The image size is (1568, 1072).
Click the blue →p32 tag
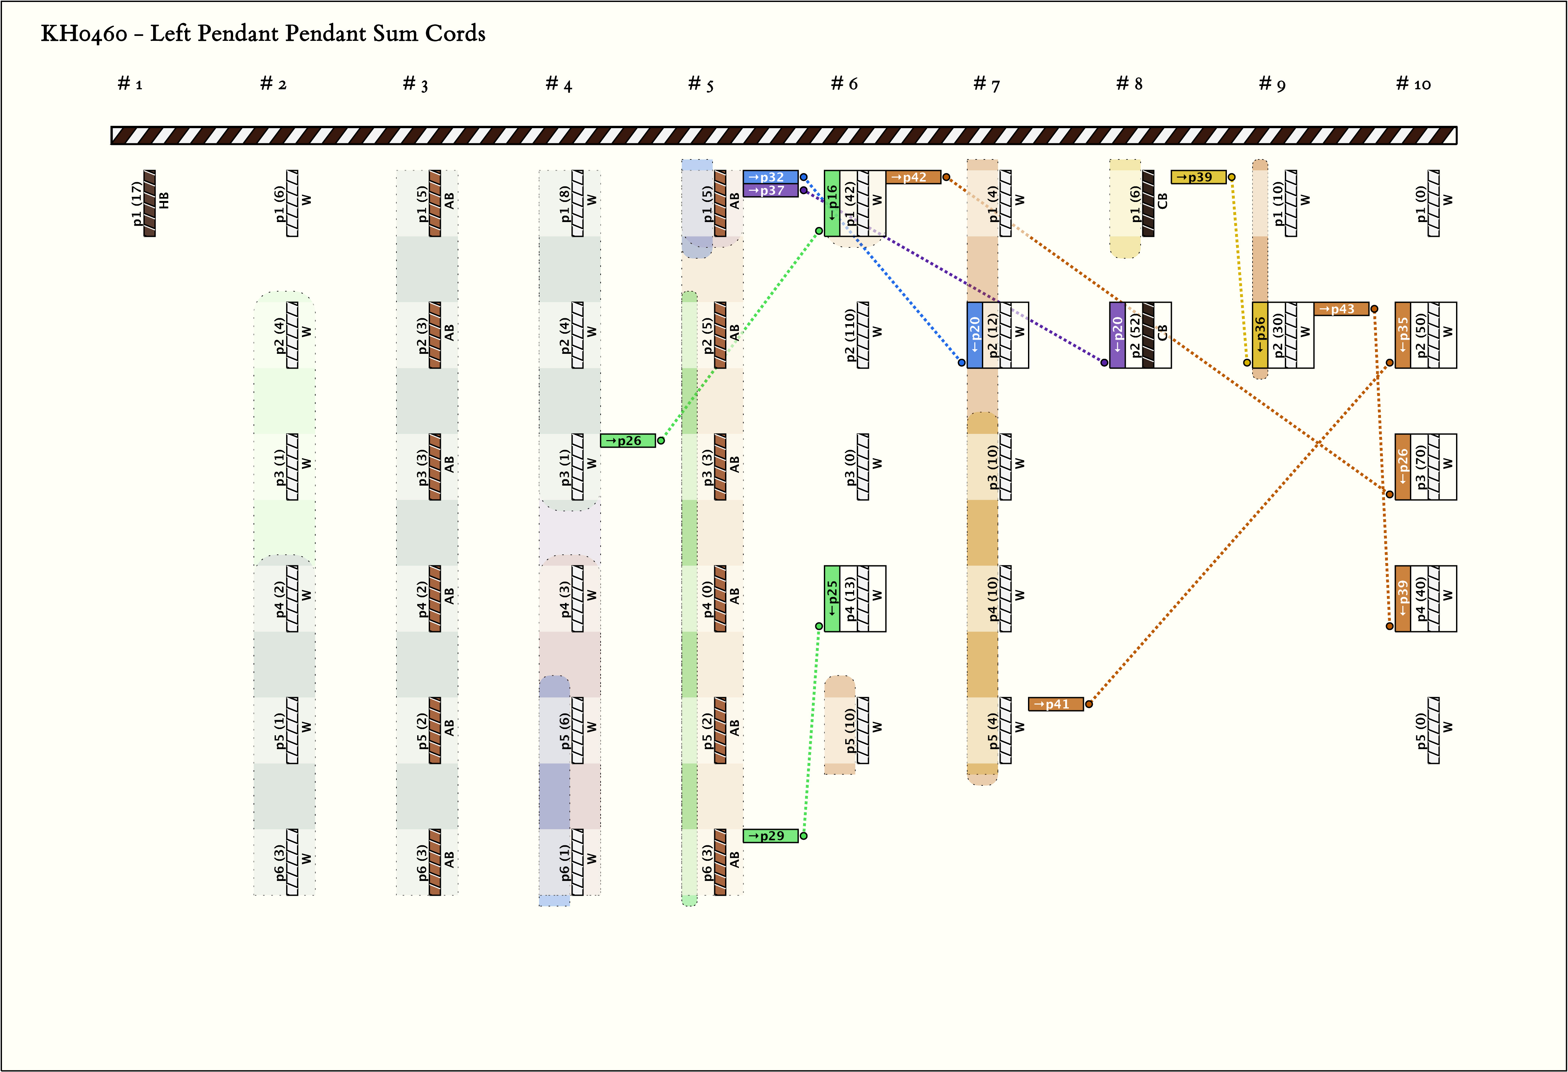tap(770, 177)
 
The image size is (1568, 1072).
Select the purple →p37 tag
tap(770, 190)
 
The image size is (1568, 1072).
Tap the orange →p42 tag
tap(913, 177)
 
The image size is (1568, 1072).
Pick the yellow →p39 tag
tap(1198, 177)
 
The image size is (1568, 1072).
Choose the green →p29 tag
tap(770, 836)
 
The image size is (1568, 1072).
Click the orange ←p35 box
tap(1403, 335)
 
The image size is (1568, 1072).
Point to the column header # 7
tap(987, 84)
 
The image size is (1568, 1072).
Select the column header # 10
tap(1413, 84)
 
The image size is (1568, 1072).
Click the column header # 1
tap(129, 84)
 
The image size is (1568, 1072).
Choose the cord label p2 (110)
tap(850, 335)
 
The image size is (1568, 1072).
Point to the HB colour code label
tap(164, 201)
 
